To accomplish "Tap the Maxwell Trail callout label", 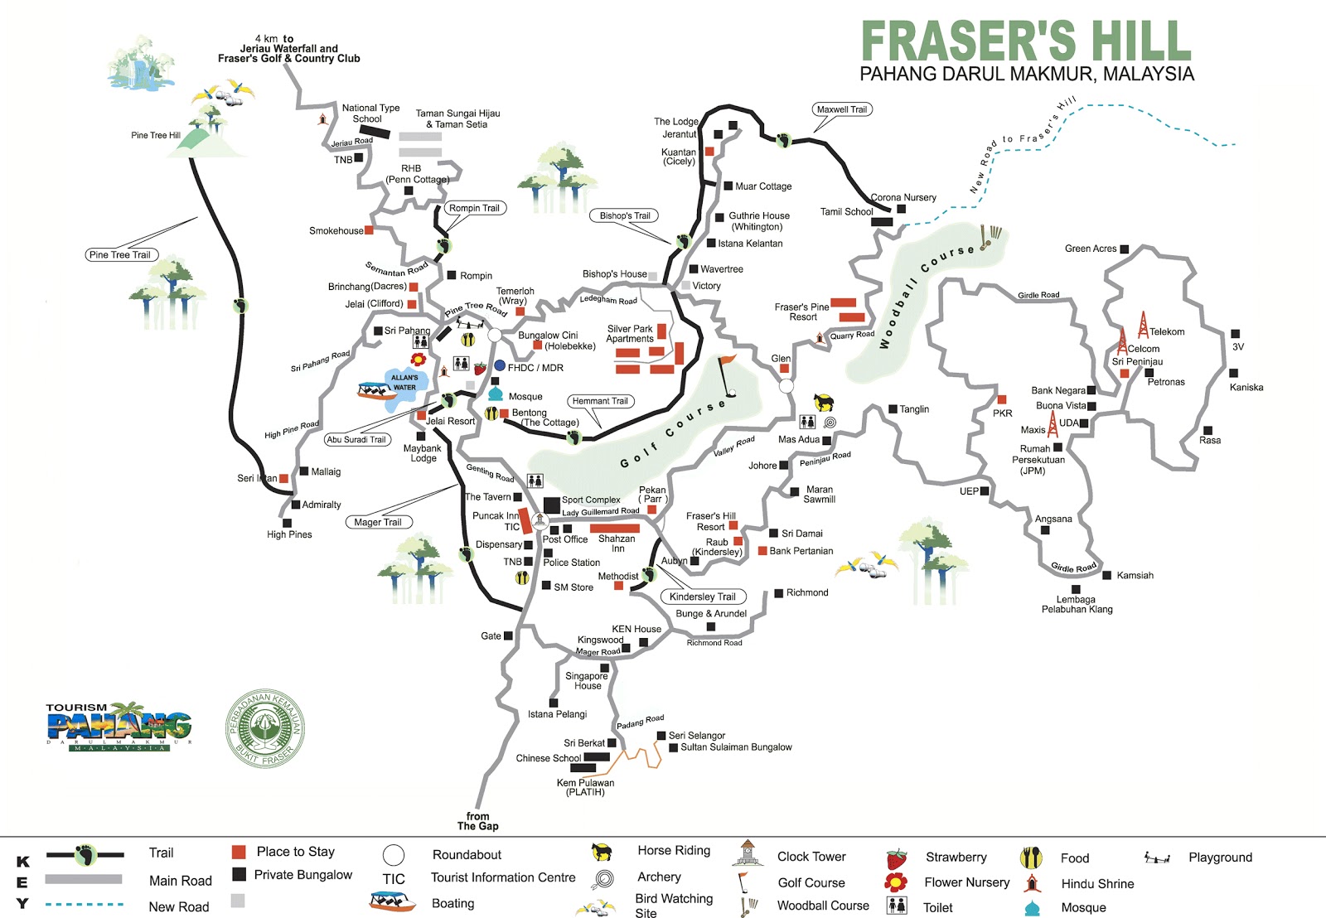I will (842, 109).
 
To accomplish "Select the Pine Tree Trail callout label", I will (120, 254).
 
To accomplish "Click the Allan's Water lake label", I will (404, 382).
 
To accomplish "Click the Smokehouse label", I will (336, 231).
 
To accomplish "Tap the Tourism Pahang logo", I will (119, 727).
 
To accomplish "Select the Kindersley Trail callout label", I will (703, 597).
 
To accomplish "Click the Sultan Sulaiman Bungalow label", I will (736, 747).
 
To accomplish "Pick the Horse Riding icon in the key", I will (603, 852).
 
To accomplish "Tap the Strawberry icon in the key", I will (896, 858).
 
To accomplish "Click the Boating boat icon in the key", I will (392, 901).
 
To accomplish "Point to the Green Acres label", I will (1091, 249).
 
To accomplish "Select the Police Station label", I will (571, 563).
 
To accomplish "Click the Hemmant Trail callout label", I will (600, 401).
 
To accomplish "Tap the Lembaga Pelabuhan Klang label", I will (1077, 604).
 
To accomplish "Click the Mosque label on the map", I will (525, 397).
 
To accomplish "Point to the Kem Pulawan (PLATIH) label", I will (585, 787).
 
